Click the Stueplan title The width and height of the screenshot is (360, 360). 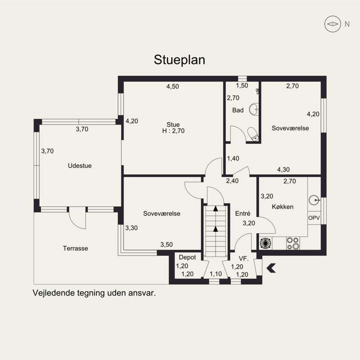pyautogui.click(x=179, y=60)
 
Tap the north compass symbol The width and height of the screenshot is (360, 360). pyautogui.click(x=333, y=24)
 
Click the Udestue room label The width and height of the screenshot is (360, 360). pyautogui.click(x=80, y=166)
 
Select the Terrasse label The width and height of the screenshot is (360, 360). pyautogui.click(x=76, y=248)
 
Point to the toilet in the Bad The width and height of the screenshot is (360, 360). pyautogui.click(x=253, y=134)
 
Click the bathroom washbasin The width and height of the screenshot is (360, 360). pyautogui.click(x=254, y=109)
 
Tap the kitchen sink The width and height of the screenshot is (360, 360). pyautogui.click(x=314, y=200)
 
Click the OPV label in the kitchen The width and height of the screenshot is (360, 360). pyautogui.click(x=314, y=218)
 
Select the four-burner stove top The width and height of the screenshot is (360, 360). pyautogui.click(x=293, y=243)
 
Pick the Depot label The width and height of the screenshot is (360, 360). pyautogui.click(x=187, y=257)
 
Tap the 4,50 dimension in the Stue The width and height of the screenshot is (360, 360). pyautogui.click(x=173, y=86)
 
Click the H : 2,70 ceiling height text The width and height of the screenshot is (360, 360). pyautogui.click(x=173, y=131)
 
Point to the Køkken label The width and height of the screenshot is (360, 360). pyautogui.click(x=283, y=207)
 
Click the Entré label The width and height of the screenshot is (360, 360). pyautogui.click(x=243, y=213)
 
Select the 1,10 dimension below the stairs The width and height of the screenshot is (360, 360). pyautogui.click(x=216, y=274)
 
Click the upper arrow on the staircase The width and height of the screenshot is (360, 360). pyautogui.click(x=216, y=209)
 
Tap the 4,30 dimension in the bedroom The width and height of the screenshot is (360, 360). pyautogui.click(x=283, y=170)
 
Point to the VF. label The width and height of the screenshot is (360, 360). pyautogui.click(x=244, y=259)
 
